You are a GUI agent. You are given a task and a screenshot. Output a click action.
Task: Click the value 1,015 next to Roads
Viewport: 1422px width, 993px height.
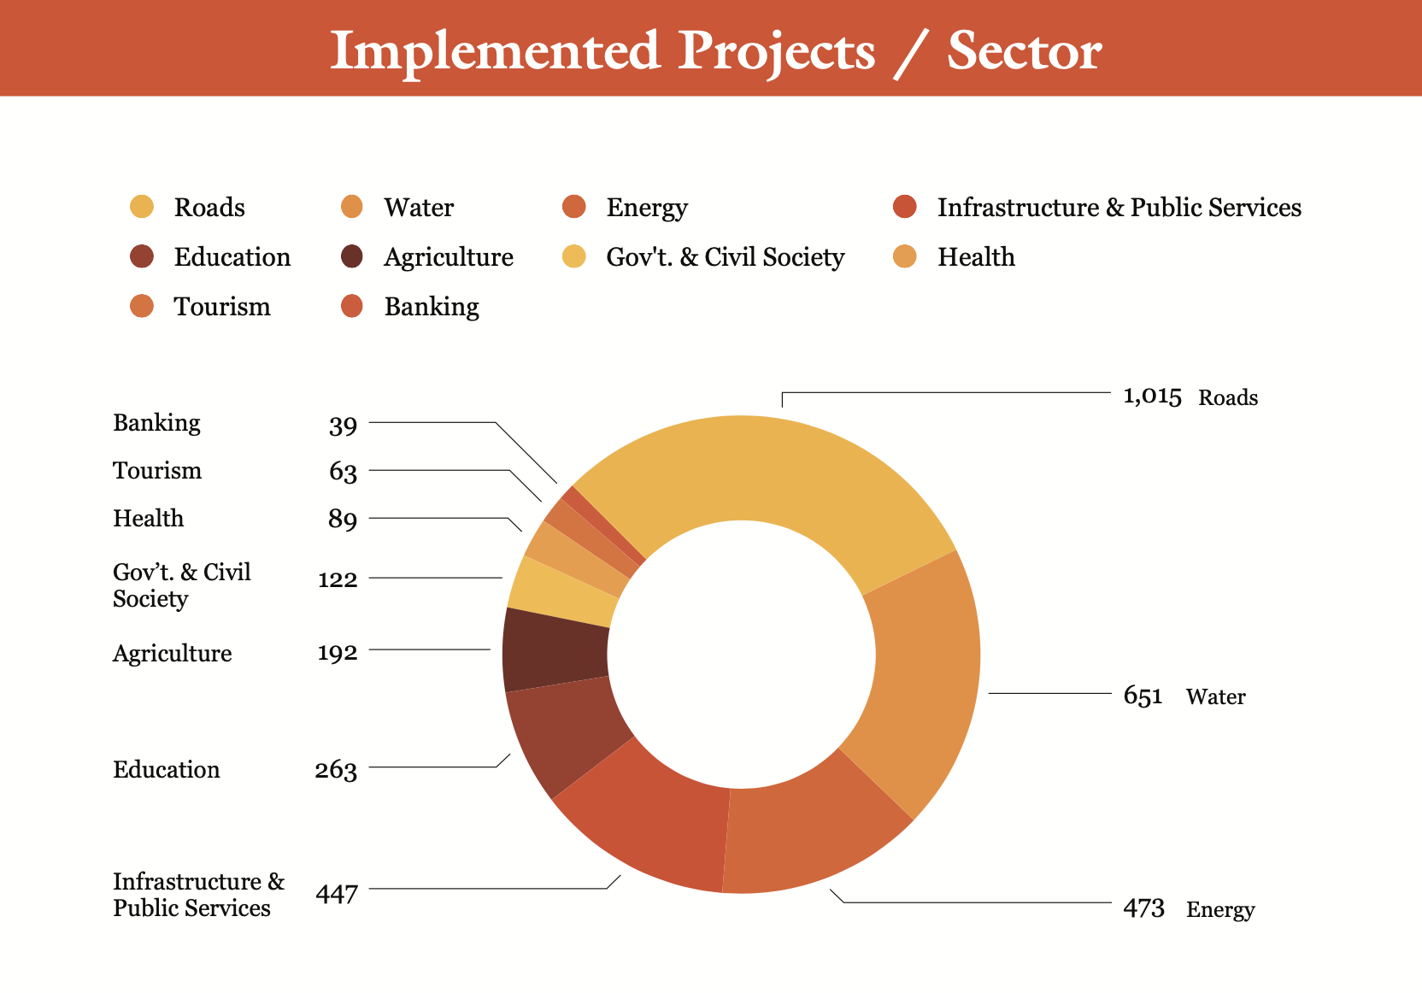[1152, 397]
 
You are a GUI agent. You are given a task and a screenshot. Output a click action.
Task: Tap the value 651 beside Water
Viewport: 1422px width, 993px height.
[1143, 696]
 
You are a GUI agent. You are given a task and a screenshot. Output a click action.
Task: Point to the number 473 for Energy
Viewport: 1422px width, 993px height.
[1143, 908]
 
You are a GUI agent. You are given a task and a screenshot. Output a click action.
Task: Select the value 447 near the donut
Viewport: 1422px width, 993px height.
[337, 894]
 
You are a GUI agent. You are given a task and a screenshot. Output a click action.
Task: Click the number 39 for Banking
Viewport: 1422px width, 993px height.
[343, 425]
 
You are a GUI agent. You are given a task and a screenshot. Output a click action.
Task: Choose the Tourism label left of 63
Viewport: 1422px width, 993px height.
[157, 471]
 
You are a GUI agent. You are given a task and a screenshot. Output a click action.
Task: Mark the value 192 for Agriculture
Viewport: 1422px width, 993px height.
[338, 653]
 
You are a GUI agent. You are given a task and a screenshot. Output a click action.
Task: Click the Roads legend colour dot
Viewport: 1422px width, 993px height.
[142, 207]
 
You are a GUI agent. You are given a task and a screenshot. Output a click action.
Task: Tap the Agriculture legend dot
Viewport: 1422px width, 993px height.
[351, 256]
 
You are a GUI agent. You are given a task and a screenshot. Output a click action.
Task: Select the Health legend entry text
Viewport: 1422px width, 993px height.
[976, 257]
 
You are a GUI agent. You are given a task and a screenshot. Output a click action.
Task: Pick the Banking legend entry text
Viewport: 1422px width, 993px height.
[432, 307]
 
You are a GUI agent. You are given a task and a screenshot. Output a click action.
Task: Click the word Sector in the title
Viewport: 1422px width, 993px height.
[1024, 51]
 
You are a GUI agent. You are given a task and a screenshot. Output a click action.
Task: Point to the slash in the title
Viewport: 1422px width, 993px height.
[911, 53]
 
